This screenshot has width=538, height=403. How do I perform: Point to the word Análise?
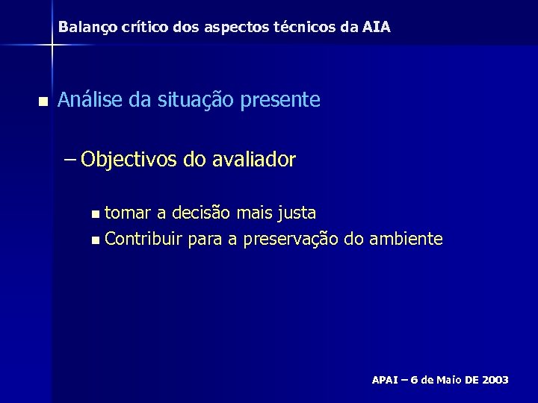pyautogui.click(x=90, y=99)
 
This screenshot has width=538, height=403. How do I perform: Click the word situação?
pyautogui.click(x=196, y=99)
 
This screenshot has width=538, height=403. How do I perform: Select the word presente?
pyautogui.click(x=282, y=99)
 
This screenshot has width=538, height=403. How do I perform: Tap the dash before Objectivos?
pyautogui.click(x=72, y=159)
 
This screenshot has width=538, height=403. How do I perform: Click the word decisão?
pyautogui.click(x=202, y=213)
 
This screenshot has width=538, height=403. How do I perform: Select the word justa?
pyautogui.click(x=296, y=213)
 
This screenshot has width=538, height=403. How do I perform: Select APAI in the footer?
pyautogui.click(x=386, y=380)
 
